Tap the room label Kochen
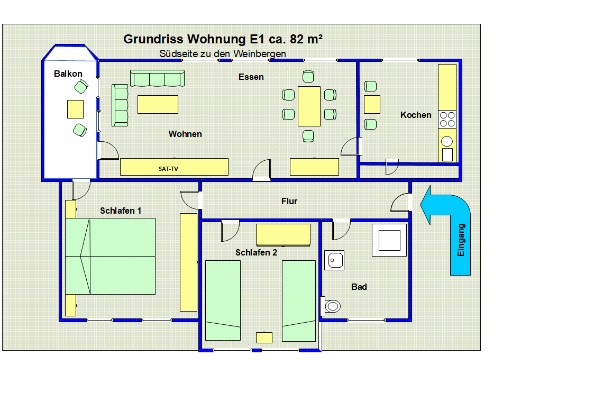(x=416, y=115)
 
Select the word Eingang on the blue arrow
(x=461, y=240)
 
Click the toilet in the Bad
(x=332, y=306)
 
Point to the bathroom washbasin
(x=334, y=260)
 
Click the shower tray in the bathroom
(x=389, y=240)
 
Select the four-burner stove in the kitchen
(x=447, y=119)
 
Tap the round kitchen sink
(x=447, y=141)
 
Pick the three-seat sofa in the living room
(x=157, y=78)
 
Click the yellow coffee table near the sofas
(x=158, y=104)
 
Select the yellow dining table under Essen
(x=309, y=106)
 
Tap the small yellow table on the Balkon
(x=75, y=109)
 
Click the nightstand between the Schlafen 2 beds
(x=264, y=337)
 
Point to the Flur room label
(x=289, y=201)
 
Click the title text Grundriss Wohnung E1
(x=223, y=39)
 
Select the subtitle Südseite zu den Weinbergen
(x=223, y=54)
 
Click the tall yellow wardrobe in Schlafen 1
(x=188, y=262)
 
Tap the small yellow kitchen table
(x=372, y=104)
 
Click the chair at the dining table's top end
(x=309, y=77)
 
